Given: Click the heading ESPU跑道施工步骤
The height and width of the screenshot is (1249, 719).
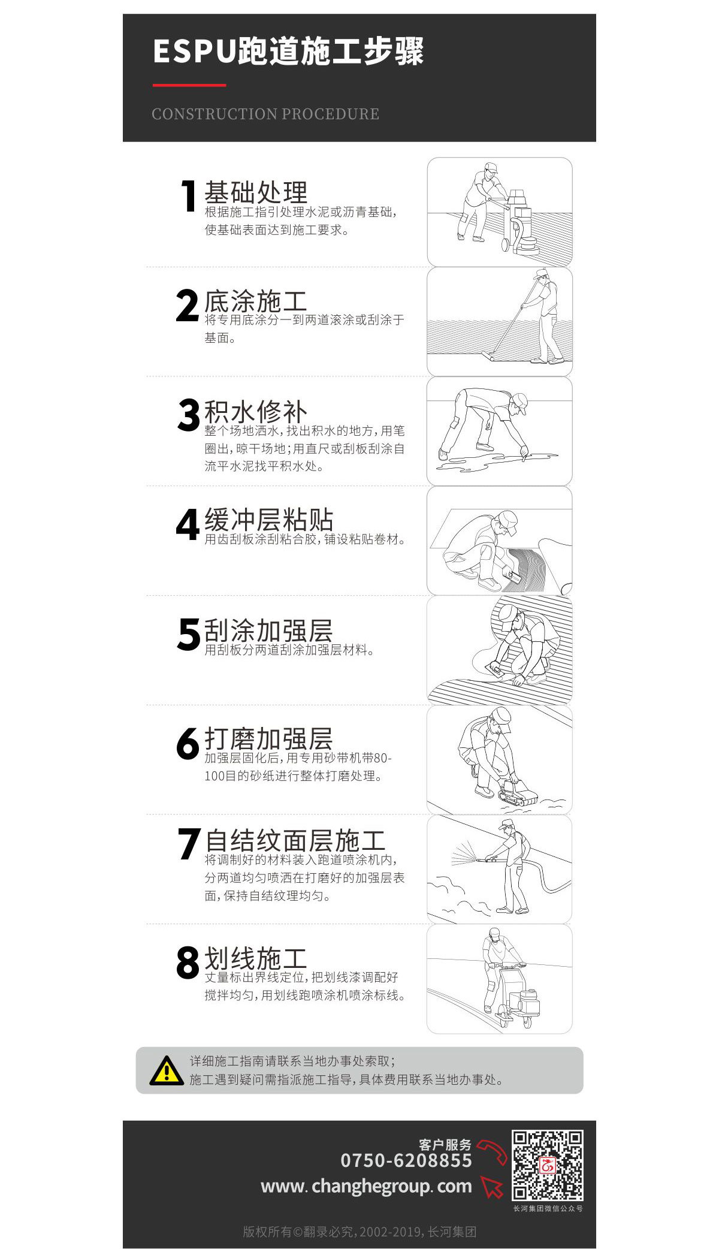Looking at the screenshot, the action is click(288, 52).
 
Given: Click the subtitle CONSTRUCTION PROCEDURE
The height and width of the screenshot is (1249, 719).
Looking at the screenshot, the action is click(265, 114).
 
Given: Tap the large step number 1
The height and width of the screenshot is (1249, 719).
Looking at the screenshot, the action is click(189, 196).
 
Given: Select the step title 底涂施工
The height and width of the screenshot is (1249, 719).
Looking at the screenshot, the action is click(256, 301).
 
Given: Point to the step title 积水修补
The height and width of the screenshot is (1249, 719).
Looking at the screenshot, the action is click(256, 412).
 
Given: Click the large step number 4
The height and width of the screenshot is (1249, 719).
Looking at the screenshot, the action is click(188, 524).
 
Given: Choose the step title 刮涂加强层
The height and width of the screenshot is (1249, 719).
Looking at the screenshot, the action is click(268, 630).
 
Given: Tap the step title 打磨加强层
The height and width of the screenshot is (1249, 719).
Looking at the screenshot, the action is click(268, 739).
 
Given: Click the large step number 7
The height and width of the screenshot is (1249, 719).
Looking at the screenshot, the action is click(189, 844).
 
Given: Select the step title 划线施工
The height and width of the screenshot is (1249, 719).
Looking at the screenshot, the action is click(256, 958).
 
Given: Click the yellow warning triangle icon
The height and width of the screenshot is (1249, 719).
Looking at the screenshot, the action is click(167, 1070).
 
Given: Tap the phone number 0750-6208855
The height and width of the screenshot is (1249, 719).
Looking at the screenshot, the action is click(406, 1160).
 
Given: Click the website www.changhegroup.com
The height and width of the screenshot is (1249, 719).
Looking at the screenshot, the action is click(366, 1186).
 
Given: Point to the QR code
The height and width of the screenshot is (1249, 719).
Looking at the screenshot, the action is click(548, 1166).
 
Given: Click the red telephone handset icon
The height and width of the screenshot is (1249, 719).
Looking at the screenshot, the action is click(493, 1152).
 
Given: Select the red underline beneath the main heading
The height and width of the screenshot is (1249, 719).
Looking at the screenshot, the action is click(189, 85).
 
